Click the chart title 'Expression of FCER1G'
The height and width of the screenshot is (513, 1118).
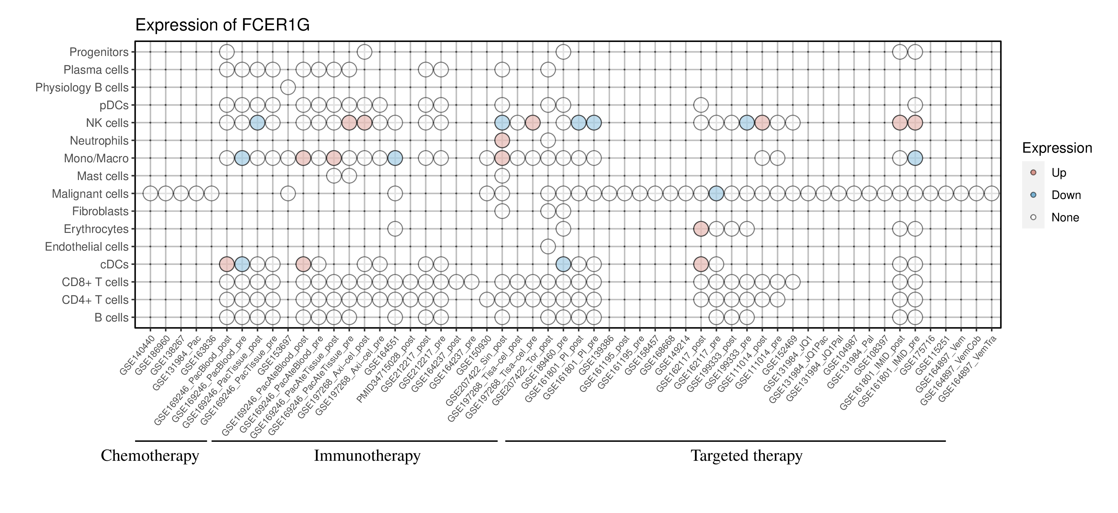tap(222, 25)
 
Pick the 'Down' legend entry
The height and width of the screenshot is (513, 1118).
tap(1066, 195)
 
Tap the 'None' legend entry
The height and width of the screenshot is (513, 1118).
tap(1065, 218)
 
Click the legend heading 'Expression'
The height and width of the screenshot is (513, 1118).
tap(1057, 148)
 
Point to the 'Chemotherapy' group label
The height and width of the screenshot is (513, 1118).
tap(150, 456)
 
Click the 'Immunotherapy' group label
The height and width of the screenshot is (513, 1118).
tap(367, 456)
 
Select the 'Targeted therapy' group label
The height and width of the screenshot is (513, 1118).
tap(746, 456)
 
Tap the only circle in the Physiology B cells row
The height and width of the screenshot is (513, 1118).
tap(288, 87)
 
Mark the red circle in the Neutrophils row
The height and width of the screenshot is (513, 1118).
tap(502, 140)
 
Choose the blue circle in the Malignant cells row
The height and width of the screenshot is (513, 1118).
tap(716, 193)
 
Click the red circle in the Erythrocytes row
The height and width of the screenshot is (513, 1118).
tap(701, 229)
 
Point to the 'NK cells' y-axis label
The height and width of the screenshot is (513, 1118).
tap(107, 123)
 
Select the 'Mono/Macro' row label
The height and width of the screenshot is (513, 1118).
tap(96, 159)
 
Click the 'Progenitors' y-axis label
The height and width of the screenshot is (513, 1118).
tap(99, 52)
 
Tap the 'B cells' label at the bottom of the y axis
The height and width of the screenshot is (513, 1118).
tap(111, 317)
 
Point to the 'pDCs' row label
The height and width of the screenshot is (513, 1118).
tap(114, 105)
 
